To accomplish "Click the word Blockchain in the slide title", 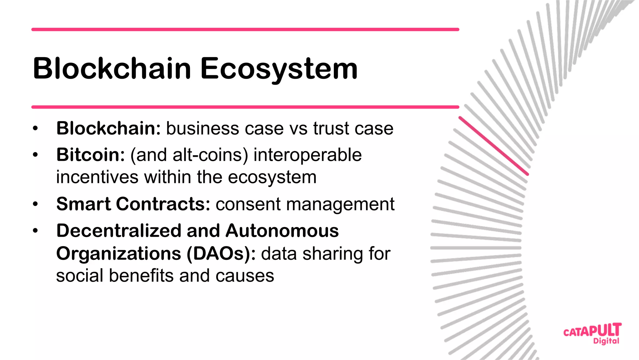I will coord(112,68).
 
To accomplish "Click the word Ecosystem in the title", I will coord(279,69).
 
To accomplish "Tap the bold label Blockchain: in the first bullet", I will coord(108,128).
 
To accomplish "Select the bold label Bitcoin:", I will coord(90,155).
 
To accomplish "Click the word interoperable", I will coord(307,155).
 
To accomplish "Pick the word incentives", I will coord(97,177).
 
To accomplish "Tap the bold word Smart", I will coord(84,204).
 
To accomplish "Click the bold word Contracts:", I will coord(163,204).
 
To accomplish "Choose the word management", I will coord(340,204).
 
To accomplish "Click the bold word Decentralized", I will coord(119,231).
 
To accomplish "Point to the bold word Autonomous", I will coord(282,231).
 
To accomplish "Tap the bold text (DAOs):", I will coord(221,254).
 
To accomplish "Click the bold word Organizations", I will coord(119,254).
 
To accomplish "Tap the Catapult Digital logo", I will coord(592,333).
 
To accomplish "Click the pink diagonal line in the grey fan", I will coord(493,146).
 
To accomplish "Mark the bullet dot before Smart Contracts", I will coord(35,204).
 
